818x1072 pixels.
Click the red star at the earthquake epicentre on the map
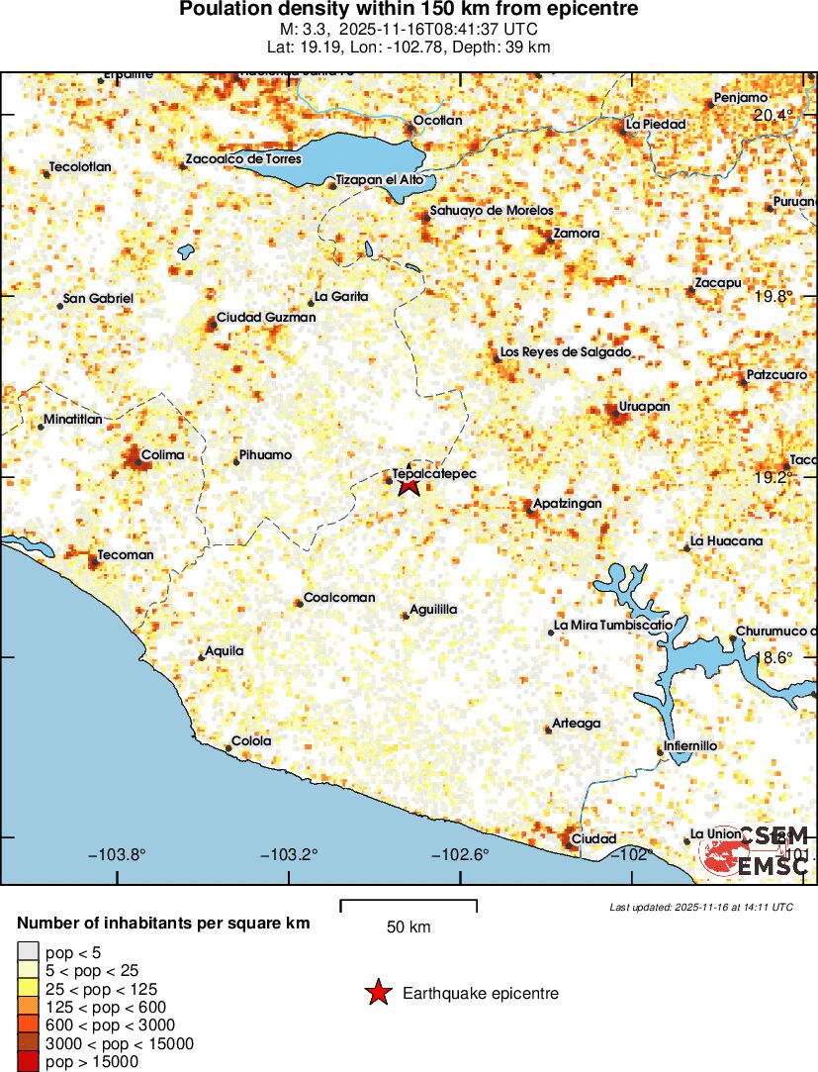pyautogui.click(x=409, y=484)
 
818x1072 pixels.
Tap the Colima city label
pyautogui.click(x=163, y=454)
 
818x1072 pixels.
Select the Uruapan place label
pyautogui.click(x=644, y=407)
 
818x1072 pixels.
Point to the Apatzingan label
pyautogui.click(x=567, y=504)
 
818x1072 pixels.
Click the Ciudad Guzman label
pyautogui.click(x=265, y=317)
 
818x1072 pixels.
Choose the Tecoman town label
pyautogui.click(x=126, y=555)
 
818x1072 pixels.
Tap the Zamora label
pyautogui.click(x=577, y=234)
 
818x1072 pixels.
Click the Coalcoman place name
pyautogui.click(x=339, y=598)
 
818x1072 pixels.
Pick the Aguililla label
pyautogui.click(x=433, y=610)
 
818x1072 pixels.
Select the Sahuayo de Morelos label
pyautogui.click(x=491, y=212)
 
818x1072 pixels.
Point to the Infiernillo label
pyautogui.click(x=690, y=745)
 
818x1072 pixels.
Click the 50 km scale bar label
pyautogui.click(x=409, y=927)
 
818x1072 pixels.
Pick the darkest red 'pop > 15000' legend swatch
pyautogui.click(x=27, y=1062)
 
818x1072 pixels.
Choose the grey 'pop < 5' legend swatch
pyautogui.click(x=27, y=952)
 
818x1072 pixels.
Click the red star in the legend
pyautogui.click(x=378, y=993)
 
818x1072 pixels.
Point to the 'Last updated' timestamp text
pyautogui.click(x=701, y=907)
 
